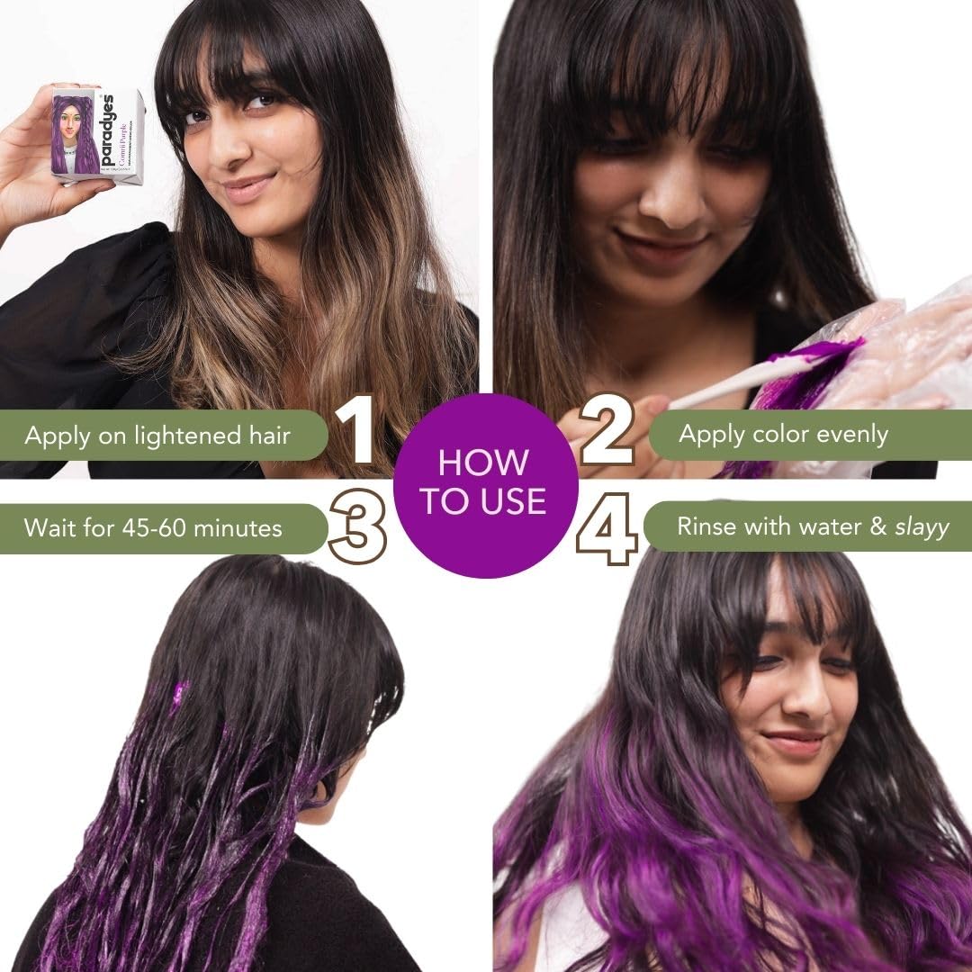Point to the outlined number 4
pyautogui.click(x=607, y=526)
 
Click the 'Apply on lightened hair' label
pyautogui.click(x=158, y=436)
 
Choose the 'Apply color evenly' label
pyautogui.click(x=783, y=435)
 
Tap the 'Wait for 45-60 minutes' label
pyautogui.click(x=153, y=527)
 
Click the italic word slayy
pyautogui.click(x=922, y=527)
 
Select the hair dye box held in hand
pyautogui.click(x=94, y=136)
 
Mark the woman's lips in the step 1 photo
pyautogui.click(x=249, y=187)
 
